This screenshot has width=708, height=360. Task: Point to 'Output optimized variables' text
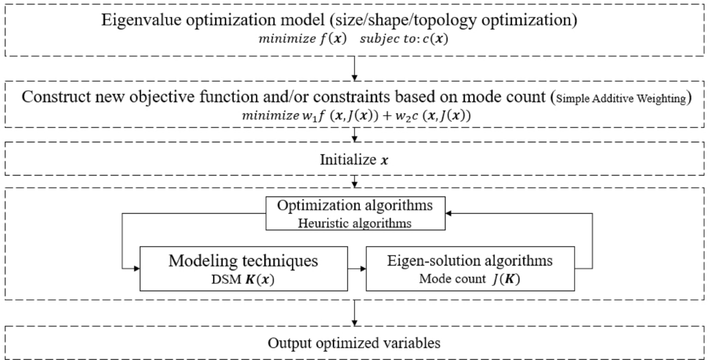(354, 343)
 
